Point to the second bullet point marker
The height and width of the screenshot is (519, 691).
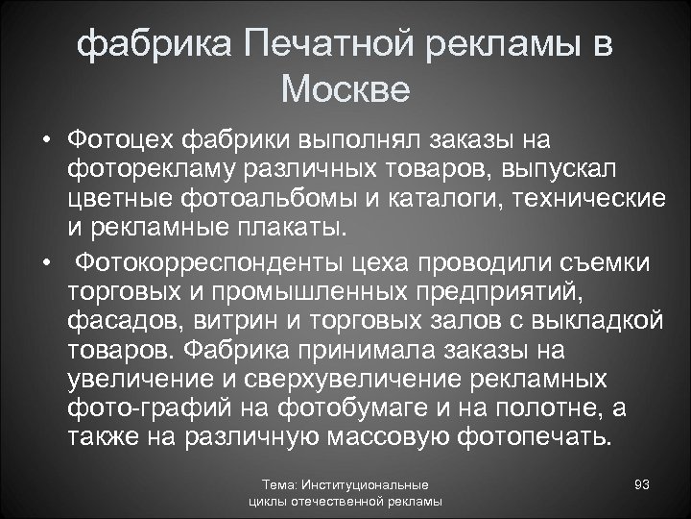click(45, 263)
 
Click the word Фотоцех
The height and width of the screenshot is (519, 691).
click(124, 143)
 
